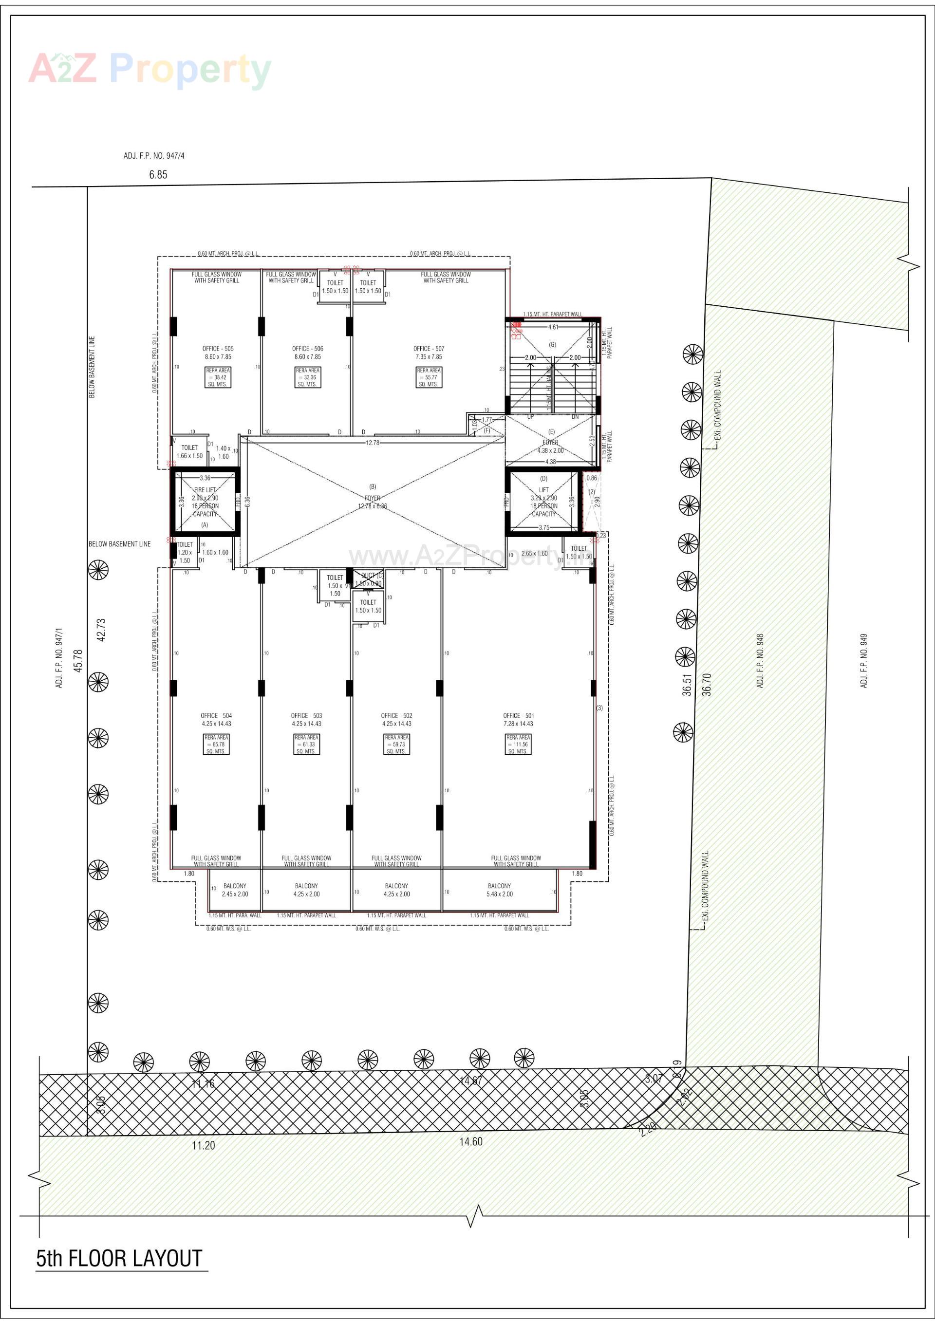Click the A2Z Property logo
[x=150, y=70]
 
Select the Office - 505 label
[x=218, y=349]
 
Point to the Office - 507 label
[x=429, y=349]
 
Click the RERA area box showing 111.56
[x=518, y=745]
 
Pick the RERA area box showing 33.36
[x=308, y=377]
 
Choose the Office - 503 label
[x=307, y=716]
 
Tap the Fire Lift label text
[x=205, y=490]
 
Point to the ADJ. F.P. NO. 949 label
[x=863, y=661]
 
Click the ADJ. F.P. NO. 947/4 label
[x=154, y=156]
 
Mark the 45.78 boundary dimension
[x=78, y=660]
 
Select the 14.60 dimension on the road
[x=470, y=1141]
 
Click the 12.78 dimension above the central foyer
[x=373, y=443]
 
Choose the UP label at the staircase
[x=530, y=417]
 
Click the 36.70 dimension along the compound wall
[x=707, y=685]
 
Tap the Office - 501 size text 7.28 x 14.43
[x=518, y=724]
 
